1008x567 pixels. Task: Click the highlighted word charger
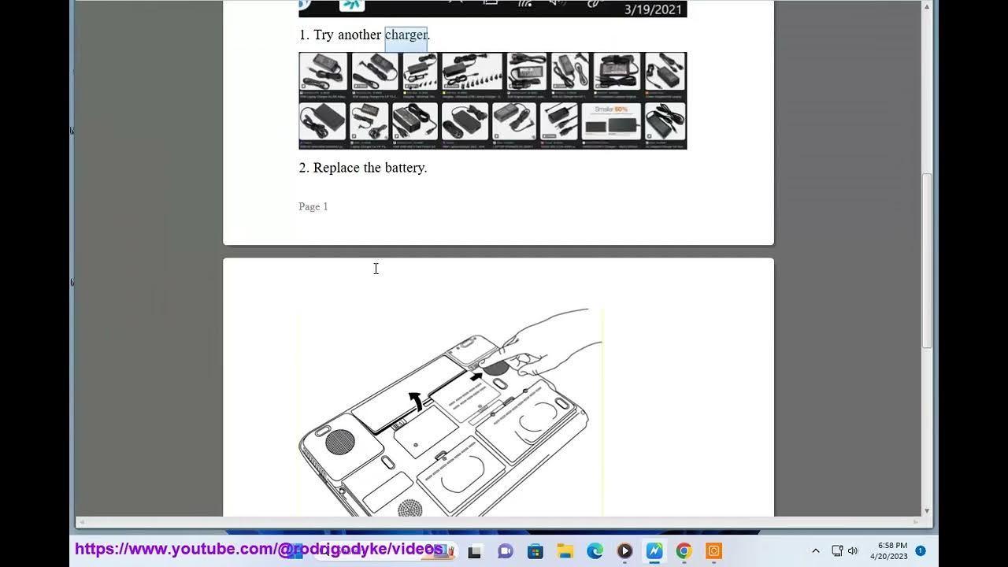click(x=406, y=35)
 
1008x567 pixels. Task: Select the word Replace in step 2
click(x=339, y=168)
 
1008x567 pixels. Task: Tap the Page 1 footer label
click(x=313, y=206)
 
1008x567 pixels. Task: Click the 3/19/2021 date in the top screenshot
click(x=652, y=9)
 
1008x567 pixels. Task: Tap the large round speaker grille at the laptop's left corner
click(x=339, y=441)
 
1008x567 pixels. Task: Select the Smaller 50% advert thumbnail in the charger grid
click(x=611, y=121)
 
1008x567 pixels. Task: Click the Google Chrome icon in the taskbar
click(x=684, y=551)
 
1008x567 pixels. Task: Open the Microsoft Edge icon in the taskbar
click(x=595, y=551)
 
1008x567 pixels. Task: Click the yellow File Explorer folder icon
click(x=565, y=551)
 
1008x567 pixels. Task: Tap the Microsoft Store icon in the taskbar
click(x=535, y=551)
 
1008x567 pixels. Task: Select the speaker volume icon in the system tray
click(x=853, y=551)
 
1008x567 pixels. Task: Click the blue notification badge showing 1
click(x=921, y=550)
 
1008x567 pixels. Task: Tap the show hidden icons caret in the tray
click(x=815, y=551)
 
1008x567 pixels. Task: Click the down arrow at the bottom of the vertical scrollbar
click(x=927, y=511)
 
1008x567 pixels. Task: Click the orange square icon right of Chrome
click(x=713, y=551)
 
